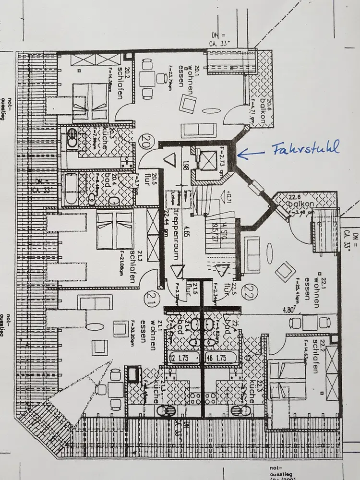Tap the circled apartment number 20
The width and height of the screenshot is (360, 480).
click(144, 142)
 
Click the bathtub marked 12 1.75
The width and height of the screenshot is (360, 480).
click(184, 358)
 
